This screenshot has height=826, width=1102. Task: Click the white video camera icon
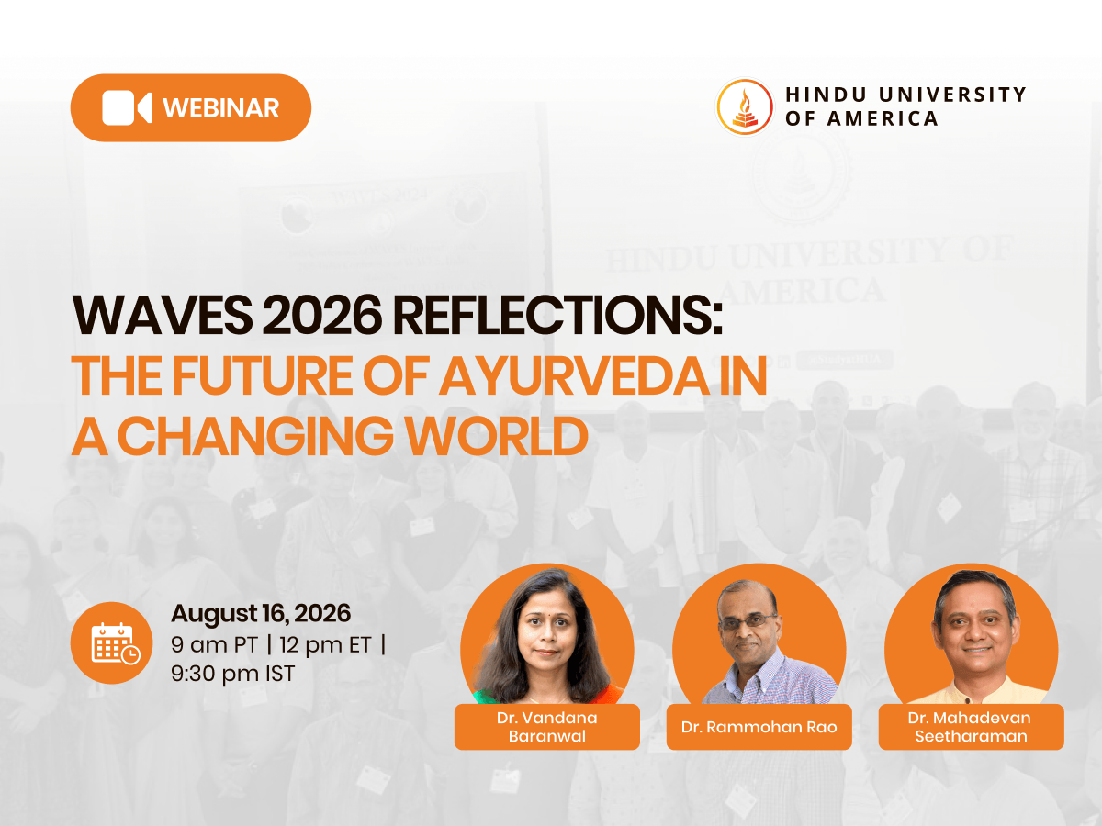pos(127,107)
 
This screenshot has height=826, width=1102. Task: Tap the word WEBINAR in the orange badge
pos(221,107)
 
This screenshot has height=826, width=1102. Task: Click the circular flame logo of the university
pos(745,106)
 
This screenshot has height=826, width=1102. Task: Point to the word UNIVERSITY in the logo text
pos(952,95)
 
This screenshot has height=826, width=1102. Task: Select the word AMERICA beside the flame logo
pos(883,118)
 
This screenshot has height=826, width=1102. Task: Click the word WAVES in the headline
pos(163,315)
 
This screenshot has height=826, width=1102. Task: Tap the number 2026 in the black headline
pos(322,315)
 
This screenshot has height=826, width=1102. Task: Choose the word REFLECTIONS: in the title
pos(557,315)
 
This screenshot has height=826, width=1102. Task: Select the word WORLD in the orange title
pos(497,435)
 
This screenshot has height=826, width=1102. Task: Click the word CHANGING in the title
pos(255,435)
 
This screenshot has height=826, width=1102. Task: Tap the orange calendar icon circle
pos(111,643)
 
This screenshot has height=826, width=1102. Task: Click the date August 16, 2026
pos(261,613)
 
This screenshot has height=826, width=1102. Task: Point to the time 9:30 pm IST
pos(233,673)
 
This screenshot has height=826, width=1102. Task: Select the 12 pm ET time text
pos(325,644)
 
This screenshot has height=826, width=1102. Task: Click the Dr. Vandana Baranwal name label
pos(547,727)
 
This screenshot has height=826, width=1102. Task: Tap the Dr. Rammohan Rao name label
pos(759,727)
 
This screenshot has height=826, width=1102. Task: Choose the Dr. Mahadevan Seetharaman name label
pos(971,727)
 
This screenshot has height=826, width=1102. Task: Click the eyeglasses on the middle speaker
pos(748,622)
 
